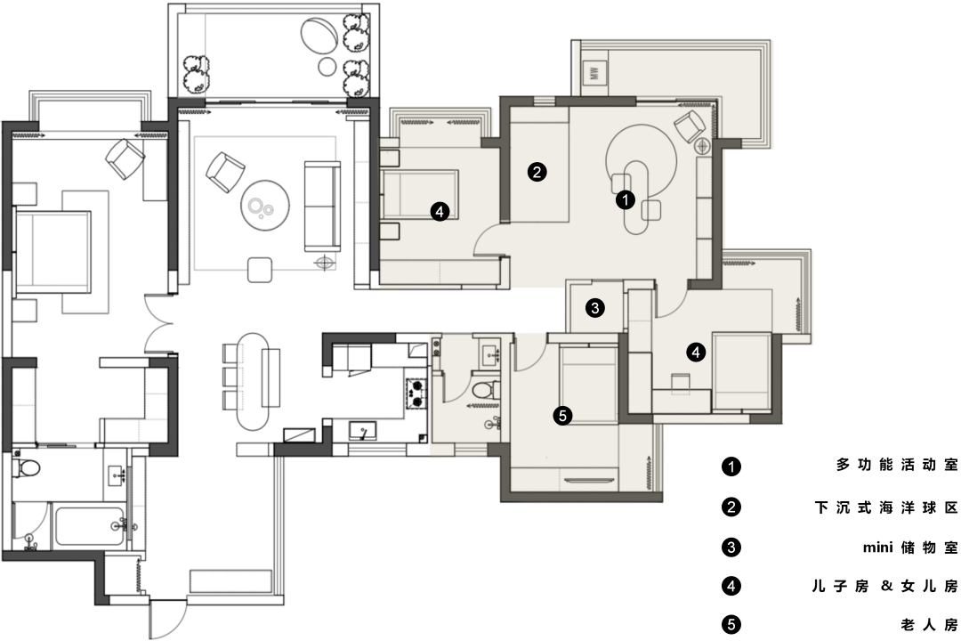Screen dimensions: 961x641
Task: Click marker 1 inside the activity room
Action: (625, 200)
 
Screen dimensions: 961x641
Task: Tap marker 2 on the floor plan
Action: (537, 173)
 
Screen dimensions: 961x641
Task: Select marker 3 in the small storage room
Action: (595, 307)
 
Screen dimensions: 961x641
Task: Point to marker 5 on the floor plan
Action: (562, 416)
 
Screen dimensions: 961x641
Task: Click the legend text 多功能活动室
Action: (897, 465)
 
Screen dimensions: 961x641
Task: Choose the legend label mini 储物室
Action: (910, 548)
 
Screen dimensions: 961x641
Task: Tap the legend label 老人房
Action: (929, 625)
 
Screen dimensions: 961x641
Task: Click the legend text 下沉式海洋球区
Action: (886, 507)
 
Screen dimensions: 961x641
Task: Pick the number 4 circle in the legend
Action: (731, 586)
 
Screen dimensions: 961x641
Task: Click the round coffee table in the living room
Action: (265, 205)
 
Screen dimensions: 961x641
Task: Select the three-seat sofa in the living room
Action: (322, 207)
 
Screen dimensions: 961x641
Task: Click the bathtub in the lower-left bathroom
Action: (89, 526)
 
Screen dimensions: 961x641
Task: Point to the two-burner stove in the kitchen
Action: (415, 394)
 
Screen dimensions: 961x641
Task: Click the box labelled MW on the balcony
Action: (594, 74)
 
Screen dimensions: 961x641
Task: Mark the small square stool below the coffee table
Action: (260, 269)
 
